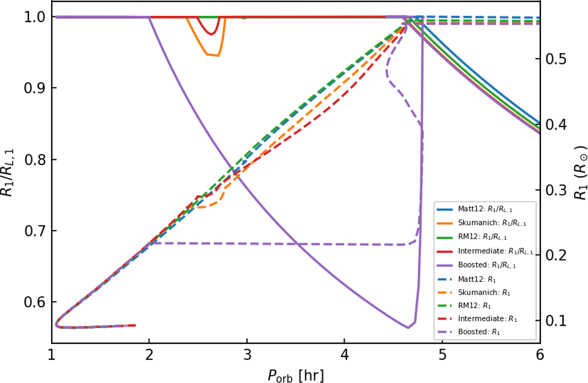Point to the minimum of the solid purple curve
pyautogui.click(x=408, y=328)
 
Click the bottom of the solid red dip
pyautogui.click(x=211, y=34)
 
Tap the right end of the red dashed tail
pyautogui.click(x=135, y=325)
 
